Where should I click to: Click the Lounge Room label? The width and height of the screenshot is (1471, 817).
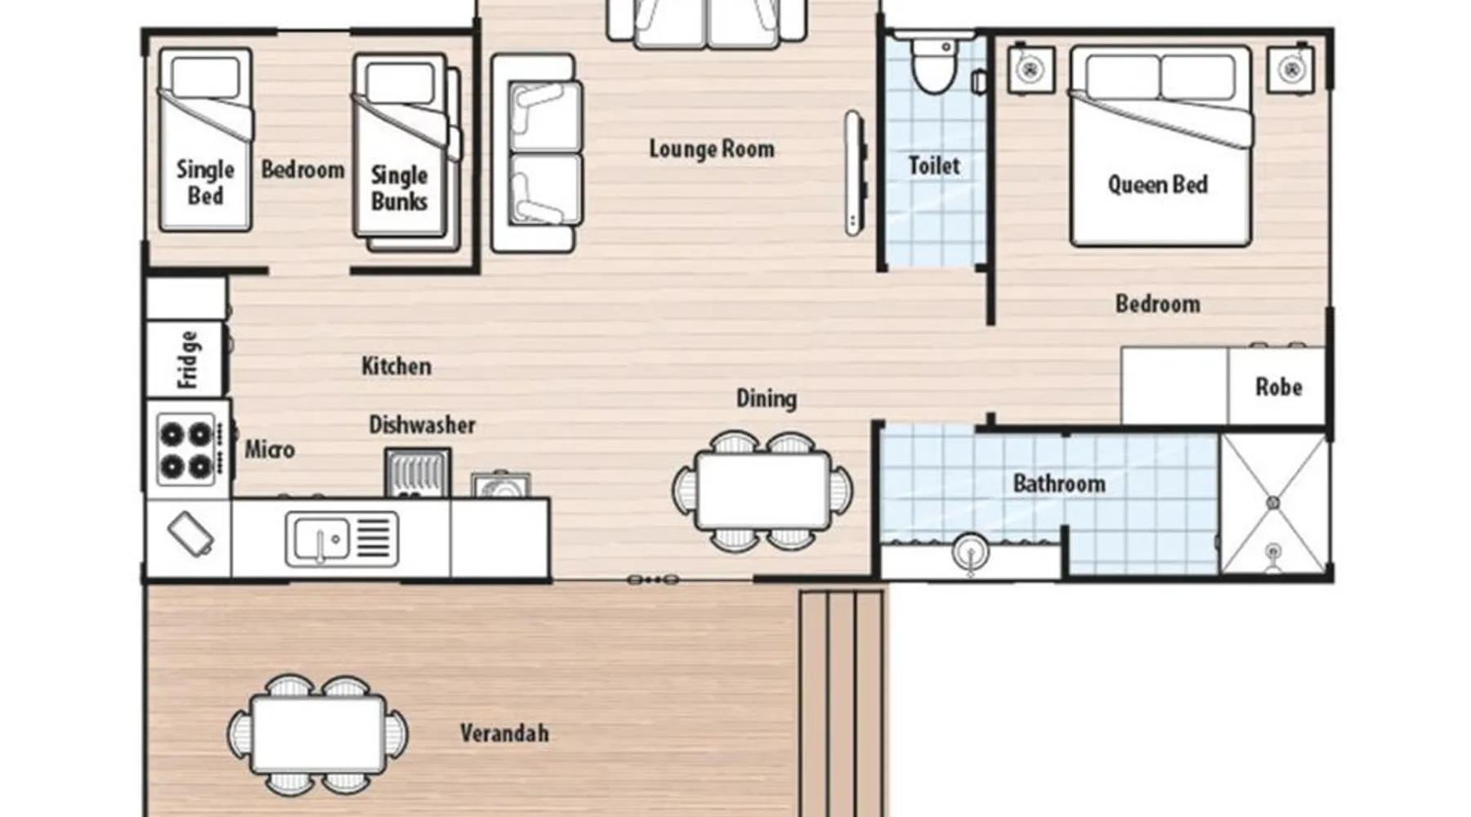coord(712,150)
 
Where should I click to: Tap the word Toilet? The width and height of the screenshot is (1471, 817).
coord(934,166)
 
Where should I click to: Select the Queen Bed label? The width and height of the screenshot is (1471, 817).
coord(1157,185)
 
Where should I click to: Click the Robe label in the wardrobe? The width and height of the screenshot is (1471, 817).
coord(1278,386)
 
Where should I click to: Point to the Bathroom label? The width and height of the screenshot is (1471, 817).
coord(1059,484)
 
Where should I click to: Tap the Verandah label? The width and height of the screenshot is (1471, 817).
coord(504,733)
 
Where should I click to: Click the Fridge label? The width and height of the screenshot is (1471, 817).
coord(188,359)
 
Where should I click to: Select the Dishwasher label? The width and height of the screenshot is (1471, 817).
coord(422,425)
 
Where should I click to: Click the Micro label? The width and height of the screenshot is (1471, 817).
coord(270,449)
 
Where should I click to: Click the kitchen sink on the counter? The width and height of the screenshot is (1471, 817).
coord(342,539)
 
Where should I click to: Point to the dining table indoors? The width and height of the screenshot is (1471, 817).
coord(762,490)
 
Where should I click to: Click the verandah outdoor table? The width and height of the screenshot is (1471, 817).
coord(318,734)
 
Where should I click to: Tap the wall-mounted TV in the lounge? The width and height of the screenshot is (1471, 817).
coord(853,173)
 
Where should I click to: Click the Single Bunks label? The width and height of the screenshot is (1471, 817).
coord(399,188)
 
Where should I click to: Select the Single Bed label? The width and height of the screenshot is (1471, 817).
coord(205,183)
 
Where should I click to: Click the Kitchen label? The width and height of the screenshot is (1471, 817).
coord(396,366)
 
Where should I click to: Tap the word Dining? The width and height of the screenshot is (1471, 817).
coord(767,399)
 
